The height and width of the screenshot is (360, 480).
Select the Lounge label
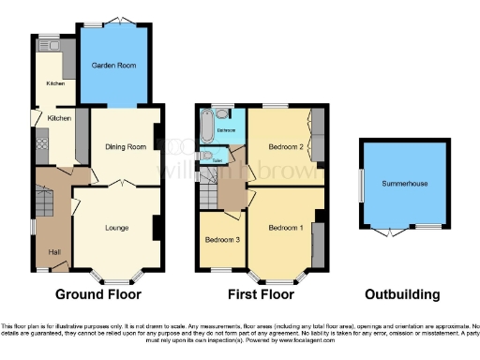[116, 228]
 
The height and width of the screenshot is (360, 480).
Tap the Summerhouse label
[404, 184]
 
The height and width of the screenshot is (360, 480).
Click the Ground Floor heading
[98, 294]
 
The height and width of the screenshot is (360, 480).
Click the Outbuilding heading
[402, 294]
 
